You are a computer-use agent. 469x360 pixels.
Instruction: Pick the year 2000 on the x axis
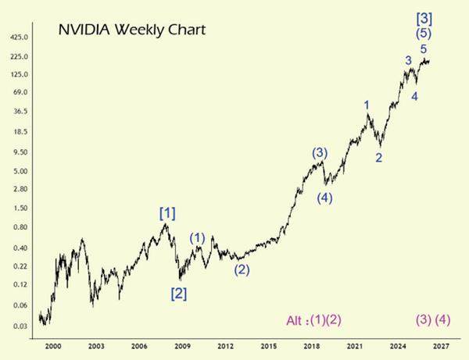click(x=53, y=345)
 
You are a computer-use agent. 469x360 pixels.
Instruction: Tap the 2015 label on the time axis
click(x=268, y=345)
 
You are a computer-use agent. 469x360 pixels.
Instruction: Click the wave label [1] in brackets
click(x=167, y=212)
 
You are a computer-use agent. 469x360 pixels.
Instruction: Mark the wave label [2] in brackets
click(x=179, y=294)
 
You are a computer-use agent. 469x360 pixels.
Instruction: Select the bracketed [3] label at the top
click(x=425, y=17)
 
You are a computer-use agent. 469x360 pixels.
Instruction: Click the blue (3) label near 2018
click(x=319, y=153)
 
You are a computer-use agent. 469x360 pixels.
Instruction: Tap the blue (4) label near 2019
click(x=325, y=198)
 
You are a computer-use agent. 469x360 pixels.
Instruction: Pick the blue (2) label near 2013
click(x=242, y=270)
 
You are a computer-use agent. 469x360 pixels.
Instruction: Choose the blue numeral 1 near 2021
click(x=366, y=105)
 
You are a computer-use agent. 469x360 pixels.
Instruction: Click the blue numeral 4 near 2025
click(x=414, y=97)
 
